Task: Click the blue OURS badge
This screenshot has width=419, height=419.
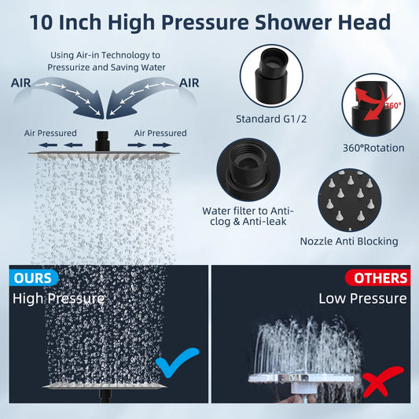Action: click(x=33, y=277)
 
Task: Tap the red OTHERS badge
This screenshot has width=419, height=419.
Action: click(x=378, y=278)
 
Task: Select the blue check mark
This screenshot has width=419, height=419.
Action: click(x=177, y=362)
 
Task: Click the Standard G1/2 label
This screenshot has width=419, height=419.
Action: click(x=271, y=119)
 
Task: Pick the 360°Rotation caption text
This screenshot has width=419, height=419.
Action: click(x=373, y=148)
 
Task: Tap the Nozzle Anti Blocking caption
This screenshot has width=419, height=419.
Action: click(x=349, y=241)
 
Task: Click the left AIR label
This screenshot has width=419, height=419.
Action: click(x=21, y=83)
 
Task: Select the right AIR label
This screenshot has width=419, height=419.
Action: click(x=189, y=83)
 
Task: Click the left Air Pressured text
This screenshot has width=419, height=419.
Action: click(x=50, y=133)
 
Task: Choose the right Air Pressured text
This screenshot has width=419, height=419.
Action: click(x=160, y=133)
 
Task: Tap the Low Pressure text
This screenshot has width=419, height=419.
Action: click(x=362, y=298)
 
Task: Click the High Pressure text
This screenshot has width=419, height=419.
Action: click(x=58, y=298)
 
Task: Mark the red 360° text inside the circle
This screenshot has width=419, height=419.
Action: click(x=393, y=105)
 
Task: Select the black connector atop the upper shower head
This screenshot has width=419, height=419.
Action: click(x=102, y=142)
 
